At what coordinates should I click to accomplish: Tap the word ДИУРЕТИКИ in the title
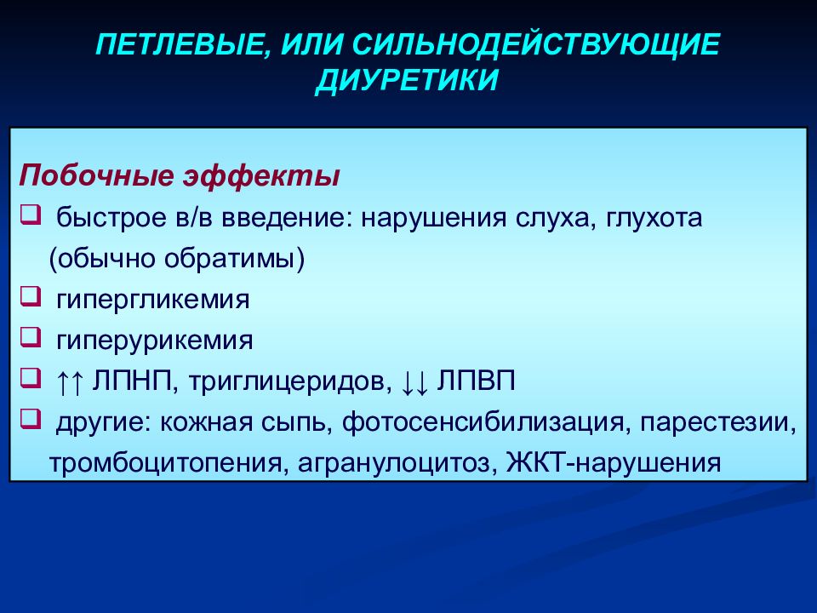pyautogui.click(x=408, y=80)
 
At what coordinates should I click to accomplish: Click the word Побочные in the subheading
pyautogui.click(x=96, y=175)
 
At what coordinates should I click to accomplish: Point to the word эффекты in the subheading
pyautogui.click(x=261, y=175)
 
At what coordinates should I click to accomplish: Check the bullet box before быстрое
pyautogui.click(x=31, y=215)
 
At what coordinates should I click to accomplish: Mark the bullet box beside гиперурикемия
pyautogui.click(x=31, y=337)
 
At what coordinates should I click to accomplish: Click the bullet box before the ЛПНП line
pyautogui.click(x=31, y=378)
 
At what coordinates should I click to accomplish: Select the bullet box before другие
pyautogui.click(x=31, y=419)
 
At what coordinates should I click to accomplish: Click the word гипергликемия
pyautogui.click(x=153, y=300)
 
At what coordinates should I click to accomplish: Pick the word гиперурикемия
pyautogui.click(x=155, y=341)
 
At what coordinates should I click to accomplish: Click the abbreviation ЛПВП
pyautogui.click(x=476, y=381)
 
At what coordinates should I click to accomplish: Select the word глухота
pyautogui.click(x=654, y=218)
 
